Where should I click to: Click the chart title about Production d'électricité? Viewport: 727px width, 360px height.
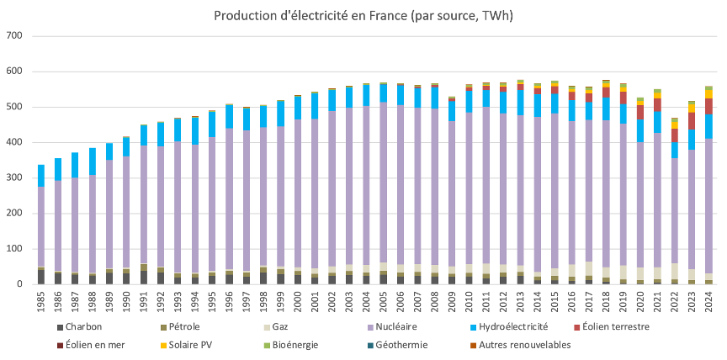click(x=363, y=16)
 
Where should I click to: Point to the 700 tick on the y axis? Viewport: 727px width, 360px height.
click(x=14, y=36)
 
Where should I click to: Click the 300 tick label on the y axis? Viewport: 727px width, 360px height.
click(x=14, y=178)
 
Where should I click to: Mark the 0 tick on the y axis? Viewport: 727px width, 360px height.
click(x=19, y=284)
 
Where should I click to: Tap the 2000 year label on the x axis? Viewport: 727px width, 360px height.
click(x=298, y=301)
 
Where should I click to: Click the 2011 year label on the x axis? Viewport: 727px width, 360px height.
click(x=486, y=301)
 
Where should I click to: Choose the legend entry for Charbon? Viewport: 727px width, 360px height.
click(x=89, y=326)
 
